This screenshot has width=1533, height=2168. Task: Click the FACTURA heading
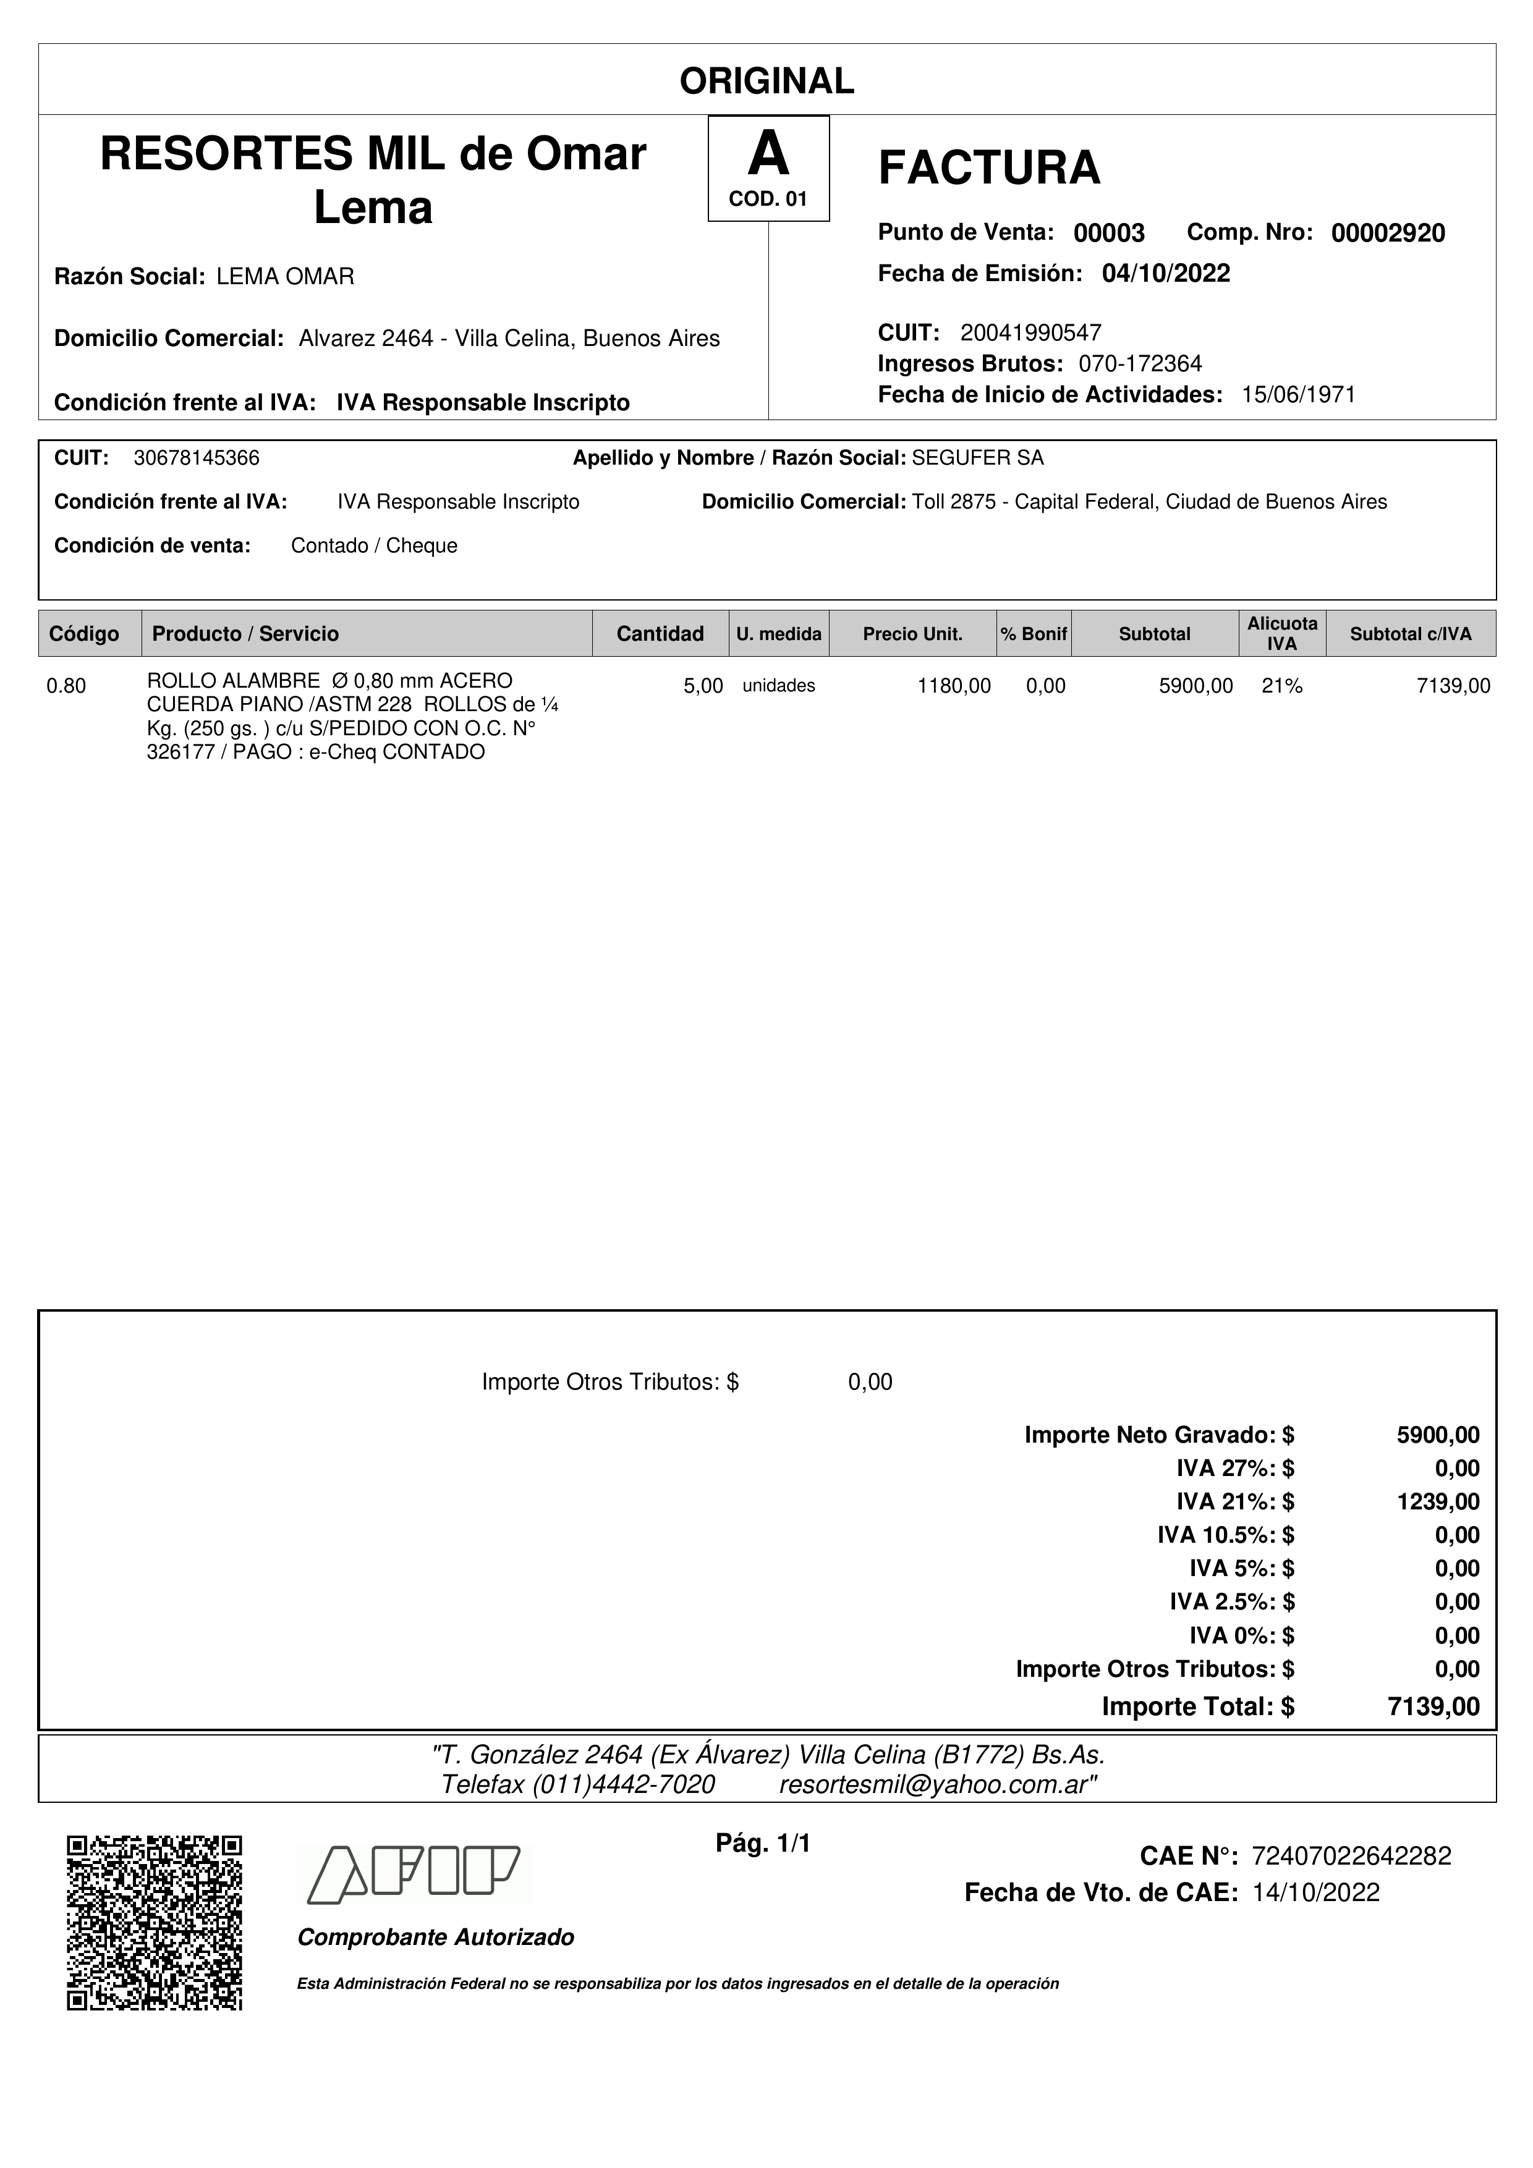pyautogui.click(x=989, y=168)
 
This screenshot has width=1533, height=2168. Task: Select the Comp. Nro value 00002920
pyautogui.click(x=1388, y=233)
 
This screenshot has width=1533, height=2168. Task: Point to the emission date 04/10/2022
pyautogui.click(x=1166, y=274)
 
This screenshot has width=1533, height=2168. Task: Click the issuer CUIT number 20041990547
pyautogui.click(x=1030, y=332)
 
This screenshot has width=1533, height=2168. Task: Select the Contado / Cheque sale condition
pyautogui.click(x=374, y=546)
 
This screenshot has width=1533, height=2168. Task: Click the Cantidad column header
pyautogui.click(x=660, y=633)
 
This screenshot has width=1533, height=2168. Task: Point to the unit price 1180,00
pyautogui.click(x=954, y=686)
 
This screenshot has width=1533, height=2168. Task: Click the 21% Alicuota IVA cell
pyautogui.click(x=1282, y=686)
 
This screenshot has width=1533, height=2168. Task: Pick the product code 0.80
pyautogui.click(x=66, y=686)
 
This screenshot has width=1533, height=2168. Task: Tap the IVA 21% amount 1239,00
pyautogui.click(x=1438, y=1501)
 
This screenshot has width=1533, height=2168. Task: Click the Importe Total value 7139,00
pyautogui.click(x=1433, y=1706)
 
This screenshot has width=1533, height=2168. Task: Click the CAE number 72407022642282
pyautogui.click(x=1351, y=1857)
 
